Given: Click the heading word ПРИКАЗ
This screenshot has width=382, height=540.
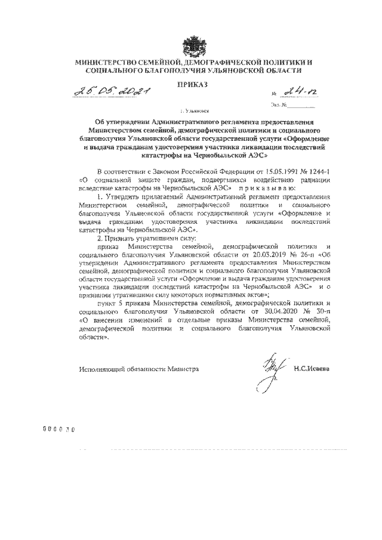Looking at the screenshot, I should [192, 85].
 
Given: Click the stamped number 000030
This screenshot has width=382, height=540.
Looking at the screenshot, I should [62, 428].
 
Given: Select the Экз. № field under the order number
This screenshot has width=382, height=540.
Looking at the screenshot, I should [292, 106].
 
